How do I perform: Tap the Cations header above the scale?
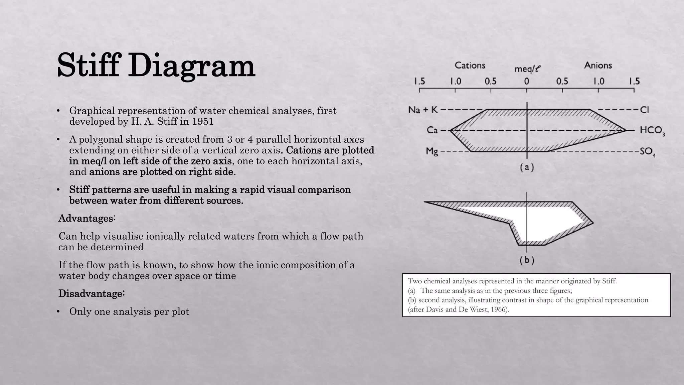pos(470,65)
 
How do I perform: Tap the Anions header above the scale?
pos(598,65)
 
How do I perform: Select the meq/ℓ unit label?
pos(527,69)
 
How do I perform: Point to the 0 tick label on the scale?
pos(527,81)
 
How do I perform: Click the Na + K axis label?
pos(423,110)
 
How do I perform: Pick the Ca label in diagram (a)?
pos(432,130)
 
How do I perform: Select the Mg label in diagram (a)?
pos(432,151)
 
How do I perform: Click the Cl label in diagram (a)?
pos(644,110)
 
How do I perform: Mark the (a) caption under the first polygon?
pos(527,167)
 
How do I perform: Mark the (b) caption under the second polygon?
pos(527,260)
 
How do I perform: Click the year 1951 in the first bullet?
pos(202,121)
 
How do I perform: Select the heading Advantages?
pos(87,218)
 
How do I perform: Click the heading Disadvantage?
pos(91,293)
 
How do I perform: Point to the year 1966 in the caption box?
pos(499,309)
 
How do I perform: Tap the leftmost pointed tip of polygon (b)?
pos(425,202)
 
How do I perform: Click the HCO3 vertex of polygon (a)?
pos(626,130)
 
